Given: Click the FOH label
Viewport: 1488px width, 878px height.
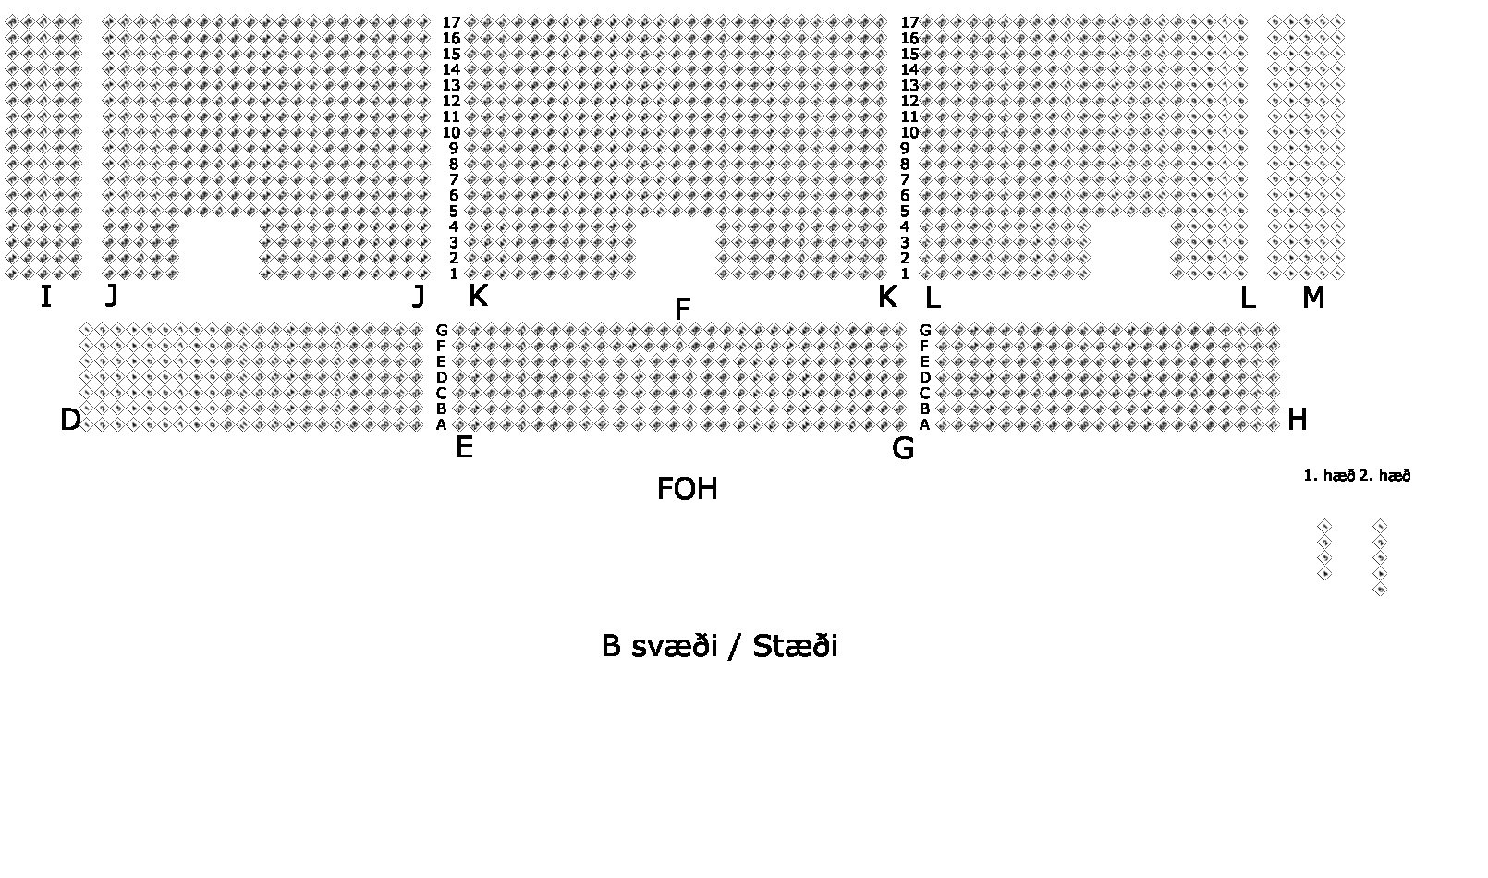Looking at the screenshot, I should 687,489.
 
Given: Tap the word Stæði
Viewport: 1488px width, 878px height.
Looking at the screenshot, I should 795,646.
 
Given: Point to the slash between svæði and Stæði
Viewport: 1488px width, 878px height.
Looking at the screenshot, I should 734,646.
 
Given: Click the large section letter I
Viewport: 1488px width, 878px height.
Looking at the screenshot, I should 45,297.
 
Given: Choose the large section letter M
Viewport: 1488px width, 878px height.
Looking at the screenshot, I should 1312,298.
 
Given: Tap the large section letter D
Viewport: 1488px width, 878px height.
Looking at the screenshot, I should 70,421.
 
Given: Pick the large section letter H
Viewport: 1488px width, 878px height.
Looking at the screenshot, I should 1297,421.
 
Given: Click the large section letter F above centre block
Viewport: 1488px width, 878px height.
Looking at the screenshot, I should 683,310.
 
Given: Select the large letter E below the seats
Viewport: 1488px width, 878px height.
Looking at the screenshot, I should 464,448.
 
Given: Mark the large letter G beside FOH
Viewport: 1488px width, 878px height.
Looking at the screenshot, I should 903,449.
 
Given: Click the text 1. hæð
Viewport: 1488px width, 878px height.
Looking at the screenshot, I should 1328,476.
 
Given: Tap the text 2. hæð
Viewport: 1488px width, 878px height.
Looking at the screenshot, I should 1384,476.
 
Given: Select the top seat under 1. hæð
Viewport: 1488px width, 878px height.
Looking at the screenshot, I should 1324,526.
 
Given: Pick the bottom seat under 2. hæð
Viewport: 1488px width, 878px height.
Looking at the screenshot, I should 1380,589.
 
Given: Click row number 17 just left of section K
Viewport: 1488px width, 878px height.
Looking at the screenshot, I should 451,23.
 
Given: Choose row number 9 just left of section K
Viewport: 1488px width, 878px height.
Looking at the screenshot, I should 454,149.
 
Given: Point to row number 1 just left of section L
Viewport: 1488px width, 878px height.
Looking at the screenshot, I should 905,274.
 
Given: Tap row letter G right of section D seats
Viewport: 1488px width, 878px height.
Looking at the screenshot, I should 442,330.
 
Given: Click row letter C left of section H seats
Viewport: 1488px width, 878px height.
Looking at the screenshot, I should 924,393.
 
